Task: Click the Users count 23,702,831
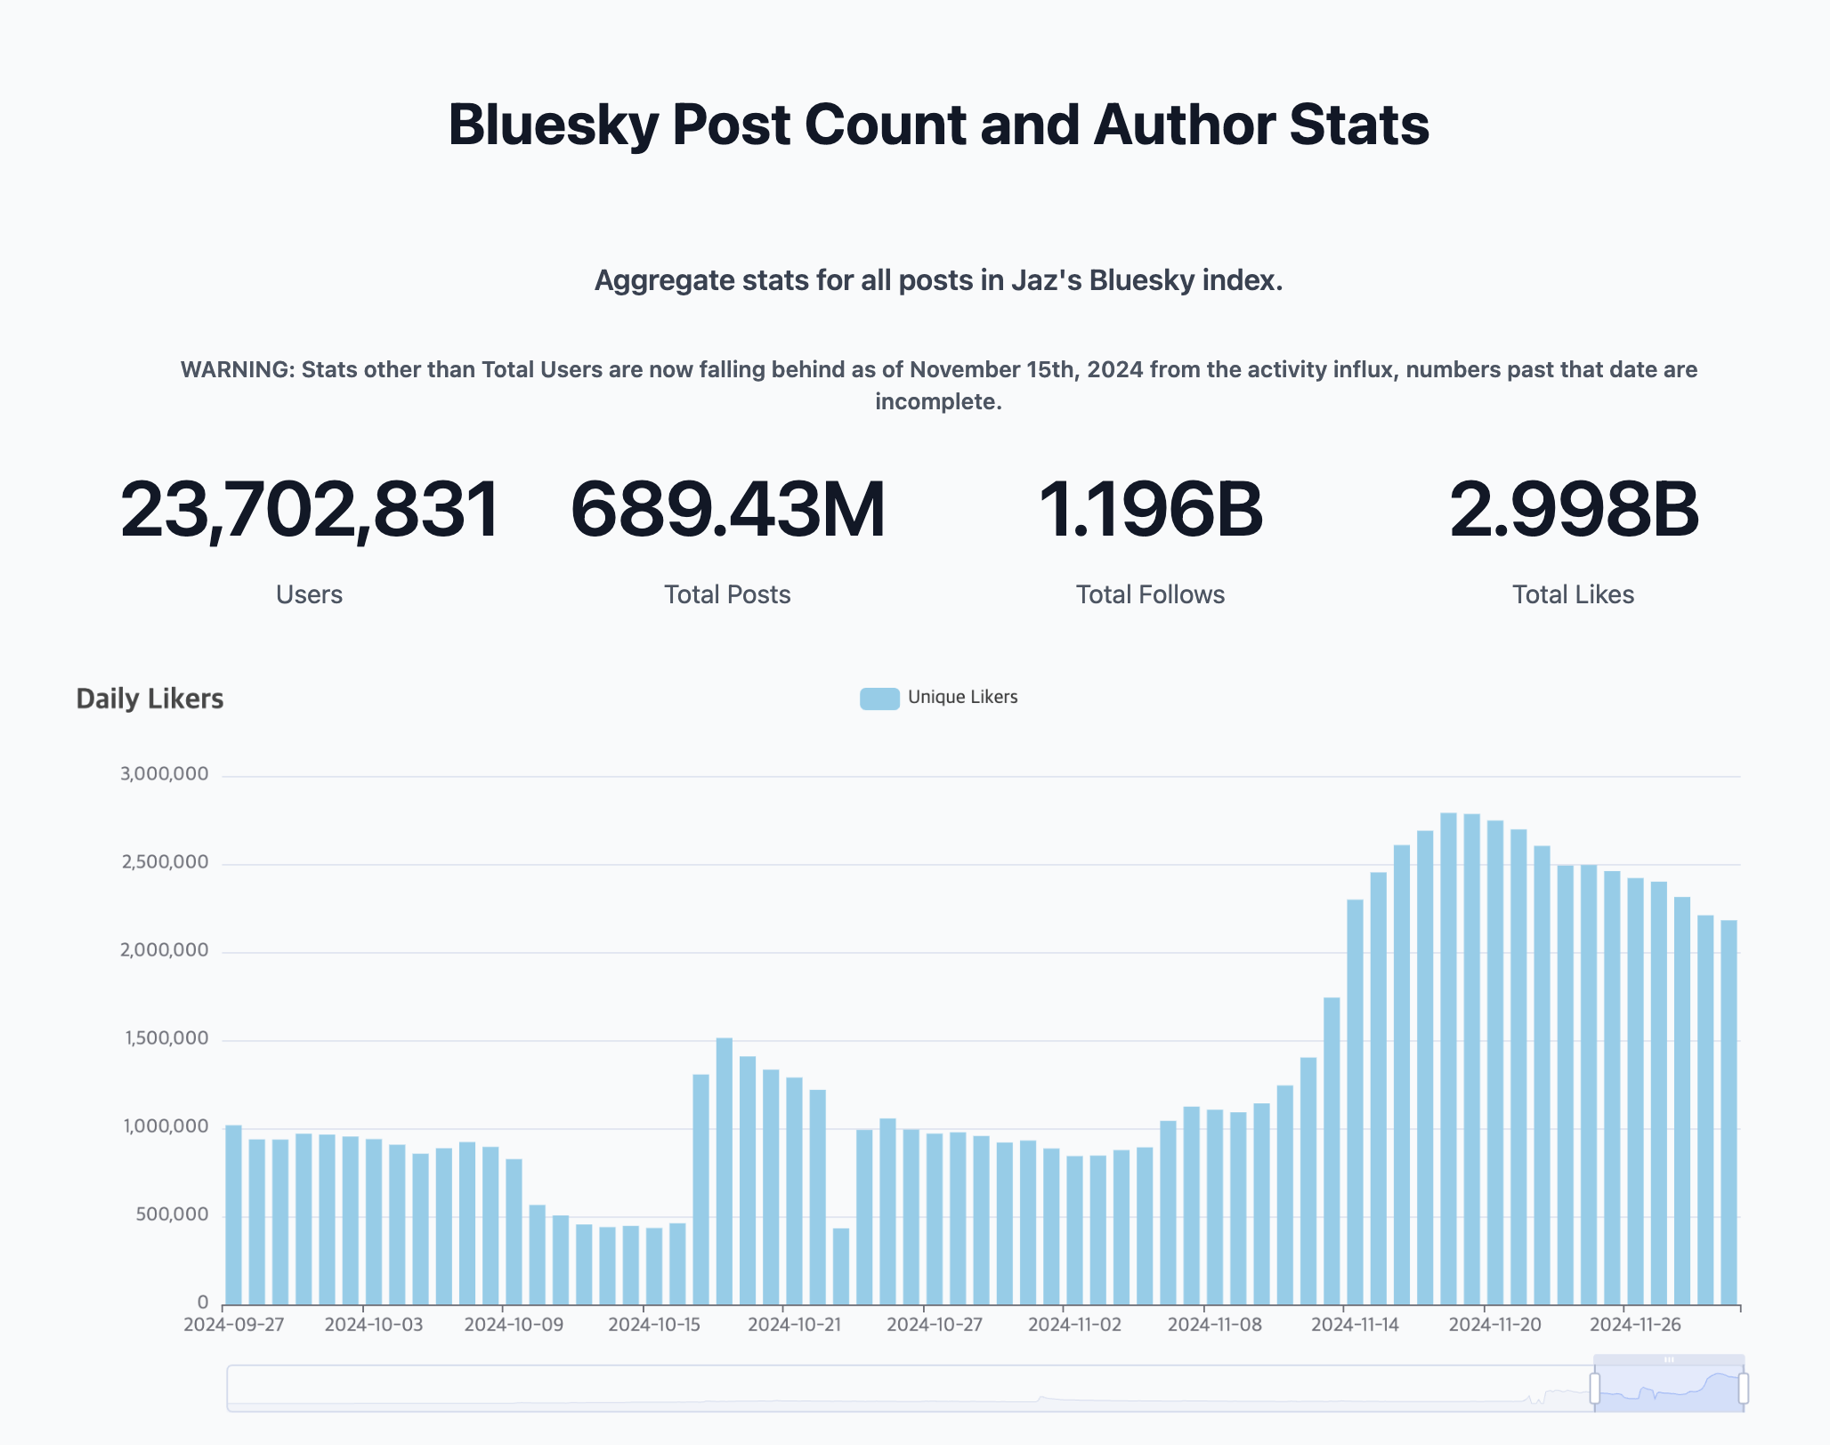(x=310, y=510)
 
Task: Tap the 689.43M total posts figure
(x=727, y=510)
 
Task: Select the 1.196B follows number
(x=1150, y=510)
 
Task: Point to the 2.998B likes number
(x=1573, y=510)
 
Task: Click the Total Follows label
(x=1150, y=594)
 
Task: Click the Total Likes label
(x=1573, y=594)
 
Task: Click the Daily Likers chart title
(x=150, y=698)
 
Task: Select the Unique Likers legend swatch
(x=879, y=698)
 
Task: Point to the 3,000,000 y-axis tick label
(x=165, y=774)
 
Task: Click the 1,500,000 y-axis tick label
(x=166, y=1038)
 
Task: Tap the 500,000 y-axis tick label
(x=172, y=1215)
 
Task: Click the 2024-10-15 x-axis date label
(x=654, y=1324)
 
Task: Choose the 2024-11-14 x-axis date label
(x=1355, y=1324)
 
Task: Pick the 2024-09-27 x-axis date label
(x=233, y=1324)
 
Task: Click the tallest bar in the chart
(x=1448, y=1059)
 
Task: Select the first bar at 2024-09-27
(x=233, y=1215)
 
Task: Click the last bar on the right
(x=1729, y=1112)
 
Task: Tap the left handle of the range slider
(x=1594, y=1388)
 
